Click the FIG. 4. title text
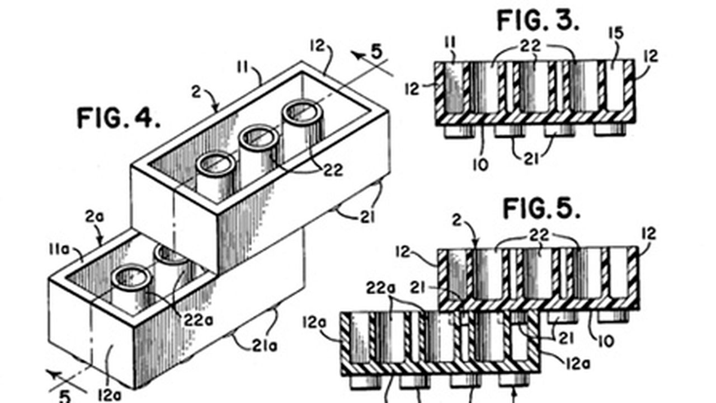118,118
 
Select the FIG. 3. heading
538,21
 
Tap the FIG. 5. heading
541,209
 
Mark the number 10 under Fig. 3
481,164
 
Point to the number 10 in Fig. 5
605,340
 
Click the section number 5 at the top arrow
376,52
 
